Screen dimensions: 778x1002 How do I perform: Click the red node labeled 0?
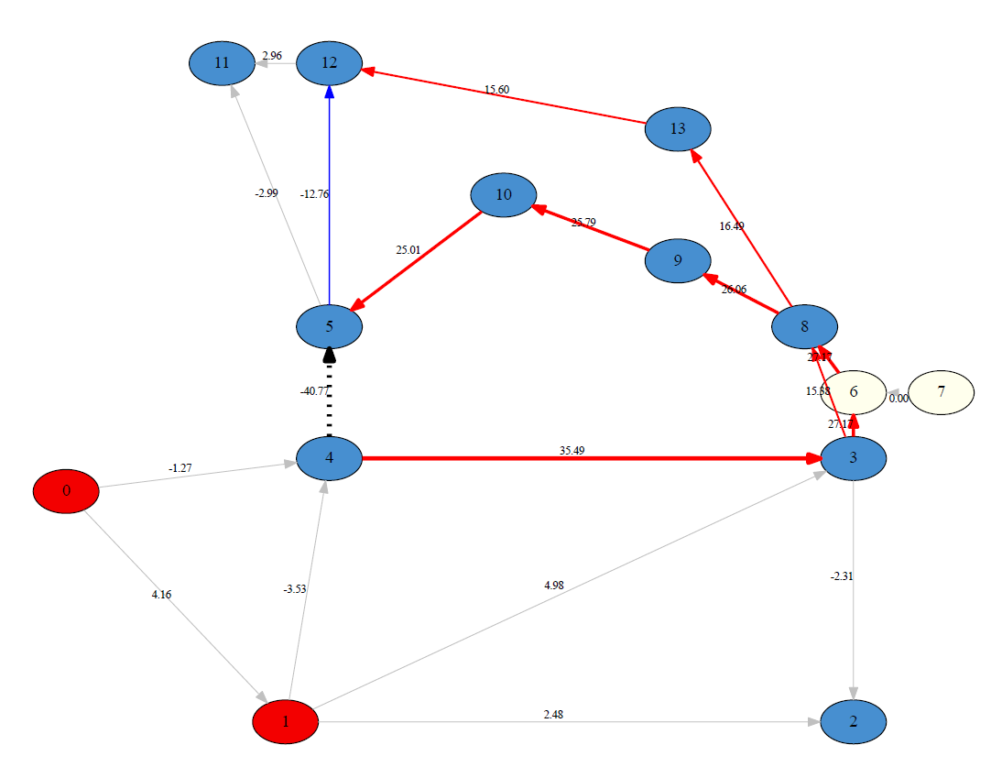[x=66, y=491]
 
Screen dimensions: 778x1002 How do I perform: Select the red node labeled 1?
[x=286, y=721]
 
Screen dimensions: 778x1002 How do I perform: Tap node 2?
[x=854, y=721]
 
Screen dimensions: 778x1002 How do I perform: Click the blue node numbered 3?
[x=854, y=458]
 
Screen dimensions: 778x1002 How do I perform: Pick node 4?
[x=330, y=458]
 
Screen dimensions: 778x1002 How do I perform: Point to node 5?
[x=330, y=326]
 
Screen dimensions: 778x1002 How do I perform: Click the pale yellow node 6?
[x=854, y=392]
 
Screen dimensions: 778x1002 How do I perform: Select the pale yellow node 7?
[x=942, y=392]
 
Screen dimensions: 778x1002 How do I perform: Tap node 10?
[x=503, y=195]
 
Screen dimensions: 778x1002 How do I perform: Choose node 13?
[x=678, y=129]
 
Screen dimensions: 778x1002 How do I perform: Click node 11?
[x=222, y=63]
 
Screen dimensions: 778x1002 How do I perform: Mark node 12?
[x=330, y=63]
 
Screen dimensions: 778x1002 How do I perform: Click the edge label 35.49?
[x=572, y=451]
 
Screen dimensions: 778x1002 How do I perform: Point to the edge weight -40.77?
[x=314, y=391]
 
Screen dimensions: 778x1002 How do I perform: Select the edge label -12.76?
[x=314, y=194]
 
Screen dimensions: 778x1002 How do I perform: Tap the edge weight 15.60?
[x=496, y=90]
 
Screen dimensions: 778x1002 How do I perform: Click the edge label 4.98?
[x=553, y=585]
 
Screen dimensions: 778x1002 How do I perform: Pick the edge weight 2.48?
[x=552, y=714]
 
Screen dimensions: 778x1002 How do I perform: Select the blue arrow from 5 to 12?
[x=330, y=229]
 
